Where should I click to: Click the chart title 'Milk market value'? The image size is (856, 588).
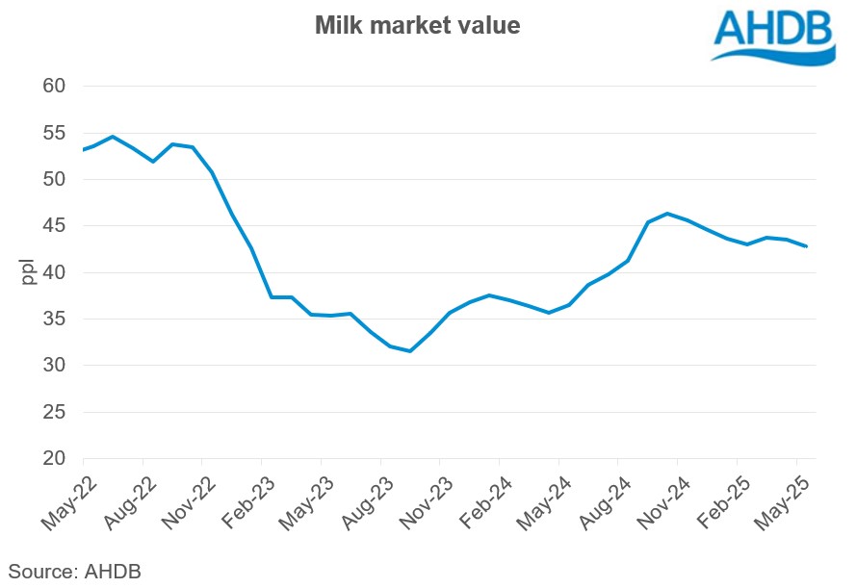(417, 26)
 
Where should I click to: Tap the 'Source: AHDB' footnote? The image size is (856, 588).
(75, 571)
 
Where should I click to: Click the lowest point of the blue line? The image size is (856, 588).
(410, 351)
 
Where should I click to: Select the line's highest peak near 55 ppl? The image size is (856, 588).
(113, 137)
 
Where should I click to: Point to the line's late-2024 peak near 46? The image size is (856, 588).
(667, 214)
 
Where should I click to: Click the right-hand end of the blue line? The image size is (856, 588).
(806, 246)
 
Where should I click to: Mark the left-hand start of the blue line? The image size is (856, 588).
(84, 150)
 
